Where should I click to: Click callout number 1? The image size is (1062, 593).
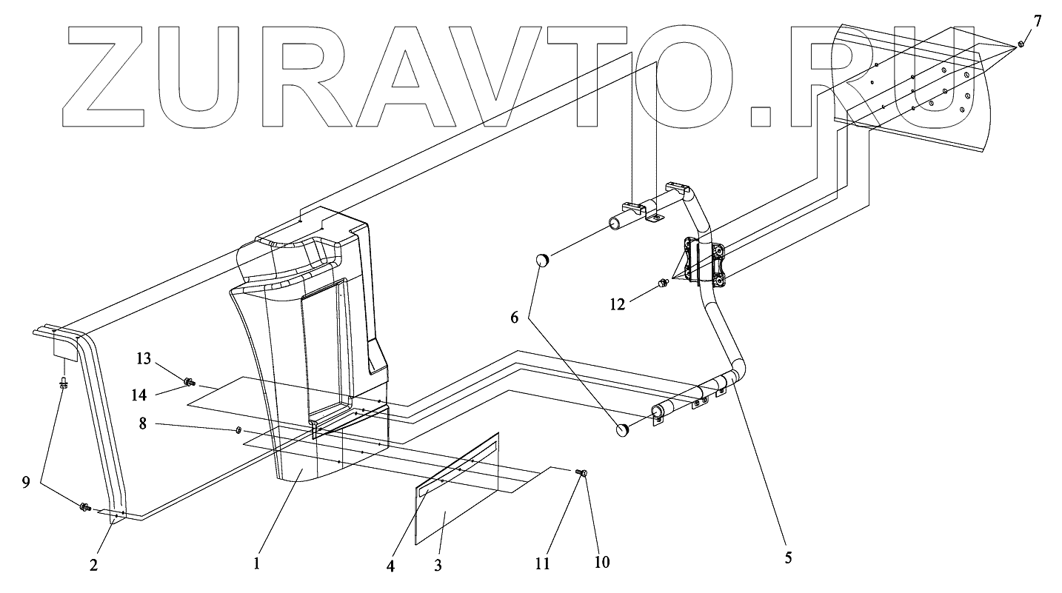click(256, 563)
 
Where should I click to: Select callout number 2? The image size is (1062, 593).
click(93, 565)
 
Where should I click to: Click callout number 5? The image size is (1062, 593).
click(788, 558)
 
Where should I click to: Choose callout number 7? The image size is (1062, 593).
click(1037, 21)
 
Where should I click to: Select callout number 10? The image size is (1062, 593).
click(601, 562)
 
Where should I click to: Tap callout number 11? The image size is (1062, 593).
click(543, 563)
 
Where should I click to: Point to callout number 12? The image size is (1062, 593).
click(618, 303)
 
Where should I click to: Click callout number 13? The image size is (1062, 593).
click(143, 359)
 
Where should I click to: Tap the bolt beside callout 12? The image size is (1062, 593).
click(663, 284)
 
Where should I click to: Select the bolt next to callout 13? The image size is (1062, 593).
click(189, 382)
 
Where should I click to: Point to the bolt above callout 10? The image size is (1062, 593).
click(582, 472)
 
